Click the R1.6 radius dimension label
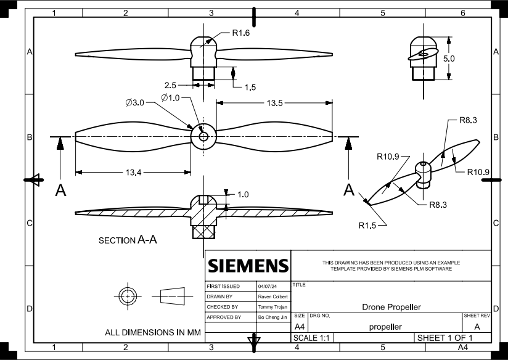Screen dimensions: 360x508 tap(240, 33)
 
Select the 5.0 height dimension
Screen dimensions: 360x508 tap(449, 58)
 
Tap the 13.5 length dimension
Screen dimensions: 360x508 tap(275, 104)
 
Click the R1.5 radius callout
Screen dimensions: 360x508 tap(367, 226)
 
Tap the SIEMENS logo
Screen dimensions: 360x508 tap(248, 266)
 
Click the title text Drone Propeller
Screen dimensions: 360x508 tap(391, 307)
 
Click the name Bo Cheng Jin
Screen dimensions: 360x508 tap(271, 317)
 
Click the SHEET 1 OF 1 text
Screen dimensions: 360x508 tap(444, 338)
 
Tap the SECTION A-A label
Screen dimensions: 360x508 tap(128, 240)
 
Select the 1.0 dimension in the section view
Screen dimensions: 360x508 tap(243, 194)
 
